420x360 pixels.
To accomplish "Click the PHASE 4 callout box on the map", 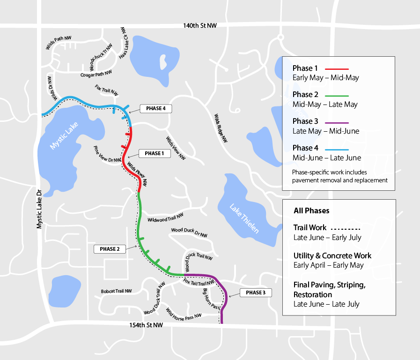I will (155, 109).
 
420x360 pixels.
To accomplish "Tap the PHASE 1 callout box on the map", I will (155, 153).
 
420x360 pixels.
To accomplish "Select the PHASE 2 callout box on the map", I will (110, 249).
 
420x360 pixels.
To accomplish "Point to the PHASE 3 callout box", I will (256, 293).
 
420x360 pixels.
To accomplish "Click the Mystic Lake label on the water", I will (65, 135).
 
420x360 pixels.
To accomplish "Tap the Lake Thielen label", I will (243, 219).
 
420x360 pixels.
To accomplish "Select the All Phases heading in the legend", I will (311, 210).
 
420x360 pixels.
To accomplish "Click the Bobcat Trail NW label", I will (116, 291).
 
